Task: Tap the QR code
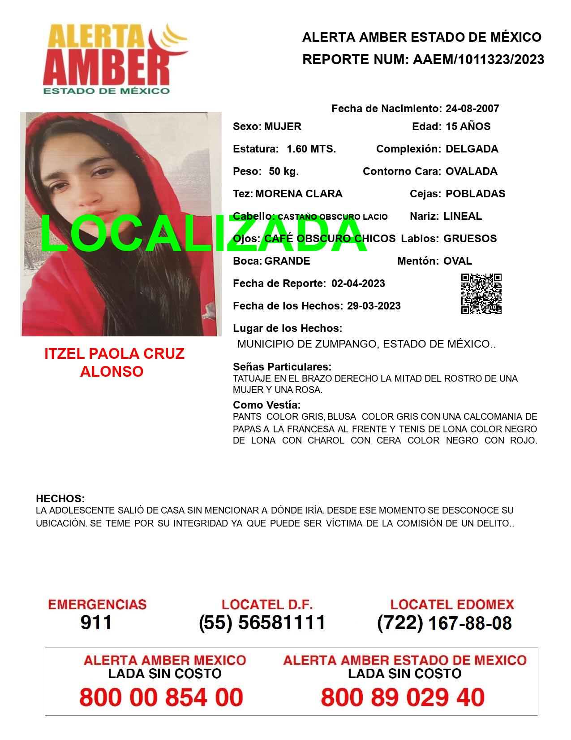(x=481, y=294)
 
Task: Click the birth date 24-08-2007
(x=472, y=109)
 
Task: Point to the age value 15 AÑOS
(x=468, y=126)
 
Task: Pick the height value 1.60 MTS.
(x=311, y=149)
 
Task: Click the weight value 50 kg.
(x=283, y=171)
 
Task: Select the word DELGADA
(x=472, y=149)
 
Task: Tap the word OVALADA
(x=471, y=171)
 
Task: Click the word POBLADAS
(x=475, y=194)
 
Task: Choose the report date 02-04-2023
(x=358, y=283)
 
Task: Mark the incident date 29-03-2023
(x=374, y=306)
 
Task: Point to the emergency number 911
(x=96, y=622)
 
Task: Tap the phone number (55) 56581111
(x=262, y=622)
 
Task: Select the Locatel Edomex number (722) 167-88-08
(x=444, y=623)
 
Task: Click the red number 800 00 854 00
(x=161, y=697)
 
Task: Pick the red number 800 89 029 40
(x=403, y=697)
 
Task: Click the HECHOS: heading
(x=60, y=499)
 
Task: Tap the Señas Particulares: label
(x=282, y=367)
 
